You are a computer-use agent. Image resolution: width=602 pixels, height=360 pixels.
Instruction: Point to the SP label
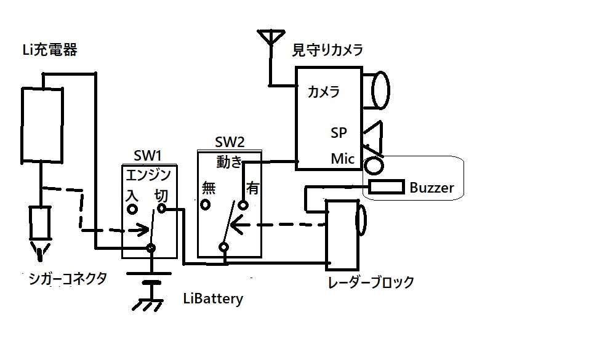(x=338, y=132)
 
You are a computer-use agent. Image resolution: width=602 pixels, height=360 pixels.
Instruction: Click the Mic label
(x=343, y=159)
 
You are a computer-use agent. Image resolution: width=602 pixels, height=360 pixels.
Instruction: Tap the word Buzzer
(x=431, y=188)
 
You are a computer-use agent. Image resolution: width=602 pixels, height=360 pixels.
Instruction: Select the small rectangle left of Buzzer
(x=386, y=186)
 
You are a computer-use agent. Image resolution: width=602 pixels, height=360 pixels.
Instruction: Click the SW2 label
(x=230, y=143)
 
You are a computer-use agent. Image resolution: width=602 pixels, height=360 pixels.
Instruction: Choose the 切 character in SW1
(x=161, y=195)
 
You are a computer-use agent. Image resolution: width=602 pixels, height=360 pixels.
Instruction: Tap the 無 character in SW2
(x=209, y=188)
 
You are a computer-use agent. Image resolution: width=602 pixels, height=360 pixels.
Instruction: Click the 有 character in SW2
(x=252, y=188)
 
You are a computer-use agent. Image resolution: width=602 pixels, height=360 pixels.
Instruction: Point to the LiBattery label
(x=213, y=299)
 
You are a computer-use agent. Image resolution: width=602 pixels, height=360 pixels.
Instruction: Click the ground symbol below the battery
(x=150, y=303)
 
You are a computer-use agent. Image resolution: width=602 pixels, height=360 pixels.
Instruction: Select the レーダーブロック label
(x=371, y=282)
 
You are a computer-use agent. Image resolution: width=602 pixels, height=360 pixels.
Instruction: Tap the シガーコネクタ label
(x=68, y=278)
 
